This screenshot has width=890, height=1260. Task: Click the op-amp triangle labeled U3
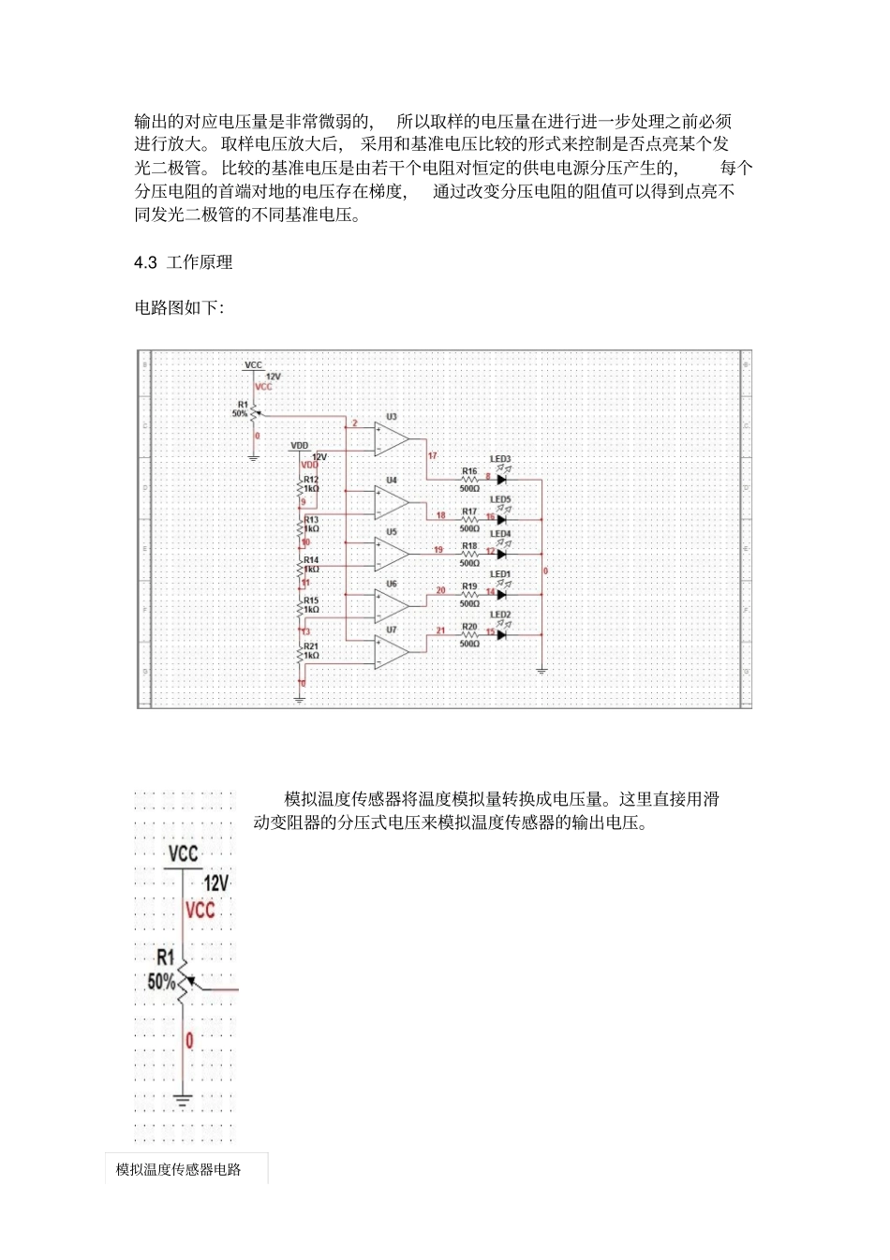390,438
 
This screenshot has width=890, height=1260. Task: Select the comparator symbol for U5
390,554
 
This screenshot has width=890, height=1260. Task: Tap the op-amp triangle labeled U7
390,652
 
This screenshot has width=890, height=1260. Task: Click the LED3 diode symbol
502,480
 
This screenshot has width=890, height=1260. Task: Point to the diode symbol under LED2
502,634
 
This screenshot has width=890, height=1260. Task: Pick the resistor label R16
469,471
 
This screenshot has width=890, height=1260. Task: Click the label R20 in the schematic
469,627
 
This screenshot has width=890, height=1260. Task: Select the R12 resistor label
311,480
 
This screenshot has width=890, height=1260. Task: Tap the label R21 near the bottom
311,646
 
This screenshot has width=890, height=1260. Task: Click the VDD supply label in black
299,446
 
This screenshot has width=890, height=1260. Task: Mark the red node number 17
433,456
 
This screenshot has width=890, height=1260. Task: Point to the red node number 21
440,630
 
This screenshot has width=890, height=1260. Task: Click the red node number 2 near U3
355,424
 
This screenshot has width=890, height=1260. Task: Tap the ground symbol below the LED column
541,670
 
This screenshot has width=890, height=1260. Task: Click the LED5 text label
500,499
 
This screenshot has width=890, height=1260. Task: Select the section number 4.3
145,263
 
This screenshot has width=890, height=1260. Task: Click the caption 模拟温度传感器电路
179,1169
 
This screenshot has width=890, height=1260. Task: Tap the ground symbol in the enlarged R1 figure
183,1099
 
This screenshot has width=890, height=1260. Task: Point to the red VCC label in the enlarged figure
200,911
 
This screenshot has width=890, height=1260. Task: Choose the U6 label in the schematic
392,584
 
